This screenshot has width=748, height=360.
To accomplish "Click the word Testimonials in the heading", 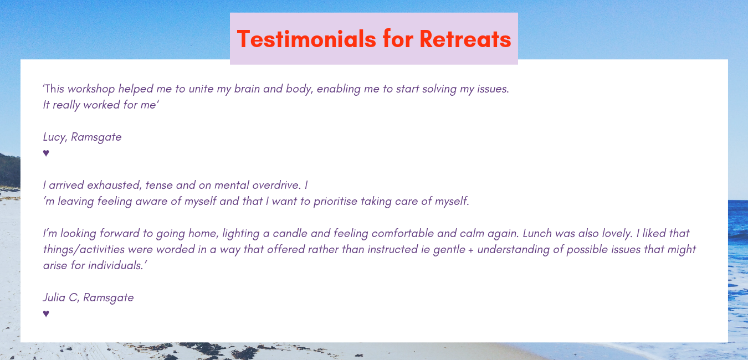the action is (306, 39).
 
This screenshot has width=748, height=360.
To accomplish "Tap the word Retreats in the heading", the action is (465, 39).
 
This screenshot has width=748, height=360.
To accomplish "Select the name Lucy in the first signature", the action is (55, 137).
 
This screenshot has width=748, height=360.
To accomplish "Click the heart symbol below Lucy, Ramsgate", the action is (46, 153).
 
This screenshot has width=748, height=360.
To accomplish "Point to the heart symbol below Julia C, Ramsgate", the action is (46, 313).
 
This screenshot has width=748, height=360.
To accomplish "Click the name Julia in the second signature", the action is (54, 297).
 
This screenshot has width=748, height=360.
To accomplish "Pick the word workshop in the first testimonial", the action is (91, 89).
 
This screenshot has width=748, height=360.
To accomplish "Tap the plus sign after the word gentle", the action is (471, 250).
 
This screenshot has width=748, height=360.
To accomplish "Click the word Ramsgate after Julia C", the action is (108, 298).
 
